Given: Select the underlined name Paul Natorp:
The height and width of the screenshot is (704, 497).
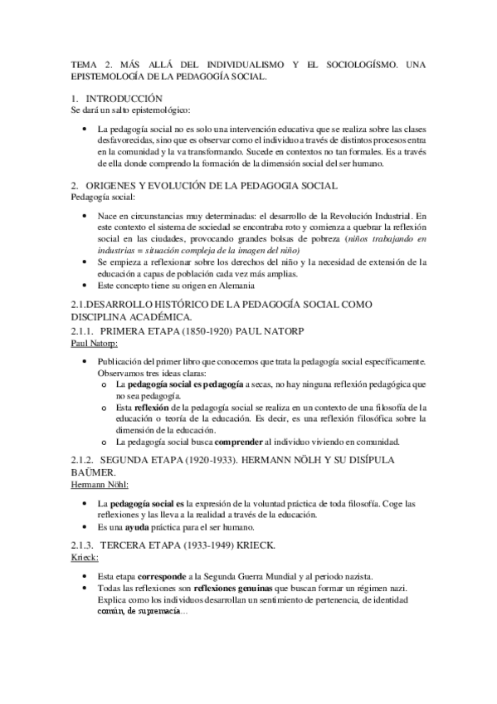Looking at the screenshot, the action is point(95,342).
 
